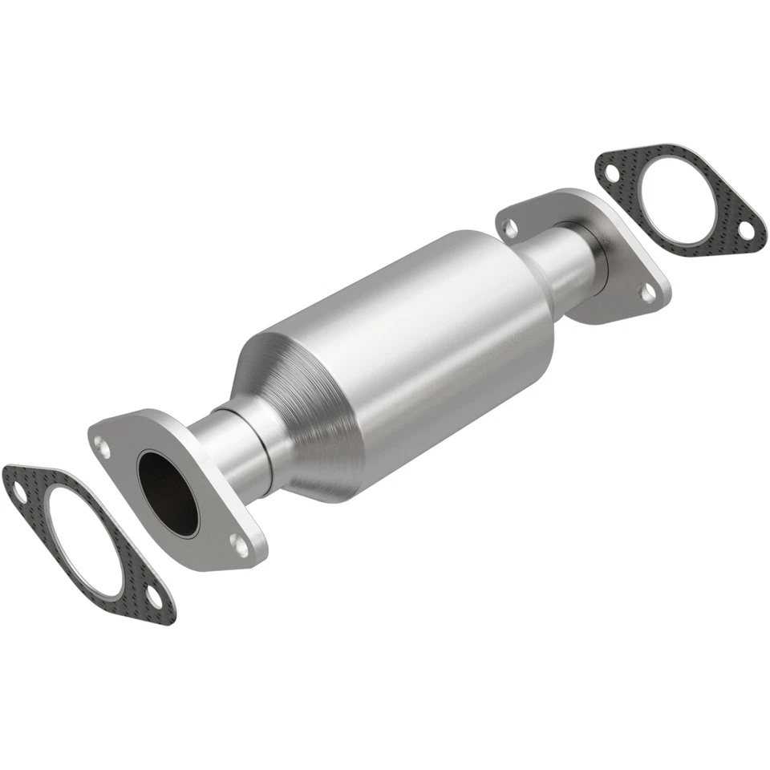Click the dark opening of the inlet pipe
coord(167,493)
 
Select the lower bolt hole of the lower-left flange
coord(239,545)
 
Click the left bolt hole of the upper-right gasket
coord(611,172)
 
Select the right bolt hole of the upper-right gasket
coord(745,230)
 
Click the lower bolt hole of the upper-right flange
coord(646,294)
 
